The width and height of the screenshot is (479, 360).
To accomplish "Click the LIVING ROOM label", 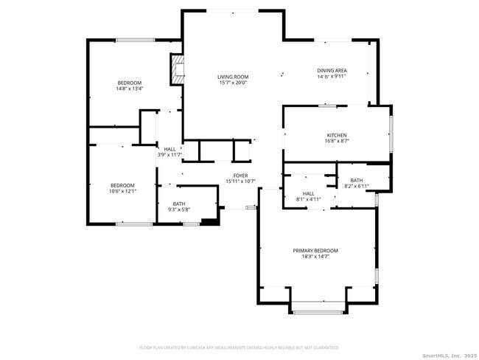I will [x=232, y=77].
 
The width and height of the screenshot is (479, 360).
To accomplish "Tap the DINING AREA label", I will [x=332, y=71].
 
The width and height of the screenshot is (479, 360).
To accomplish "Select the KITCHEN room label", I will [x=337, y=135].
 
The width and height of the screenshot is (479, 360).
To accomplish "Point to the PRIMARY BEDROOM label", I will [x=315, y=251].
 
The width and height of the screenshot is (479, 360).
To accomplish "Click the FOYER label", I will [x=240, y=176].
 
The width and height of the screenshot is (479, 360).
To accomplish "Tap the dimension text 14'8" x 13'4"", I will [x=129, y=89].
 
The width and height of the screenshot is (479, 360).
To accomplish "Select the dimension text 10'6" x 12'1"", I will [x=122, y=191].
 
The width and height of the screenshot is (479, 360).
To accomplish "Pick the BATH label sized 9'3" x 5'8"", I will [x=179, y=204].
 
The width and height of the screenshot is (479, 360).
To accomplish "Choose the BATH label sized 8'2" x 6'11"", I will [x=357, y=180].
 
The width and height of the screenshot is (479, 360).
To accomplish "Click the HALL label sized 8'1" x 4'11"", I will [x=309, y=193].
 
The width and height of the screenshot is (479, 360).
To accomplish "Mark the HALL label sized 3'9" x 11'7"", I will [x=169, y=149].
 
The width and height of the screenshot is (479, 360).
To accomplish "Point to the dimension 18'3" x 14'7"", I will [x=315, y=257].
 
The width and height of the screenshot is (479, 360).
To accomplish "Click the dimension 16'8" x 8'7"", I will [x=337, y=141].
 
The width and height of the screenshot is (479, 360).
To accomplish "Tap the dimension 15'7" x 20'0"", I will [x=232, y=83].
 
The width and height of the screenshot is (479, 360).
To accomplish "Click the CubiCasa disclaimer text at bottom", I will [x=239, y=347].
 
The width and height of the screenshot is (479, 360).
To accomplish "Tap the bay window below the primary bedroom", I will [x=318, y=312].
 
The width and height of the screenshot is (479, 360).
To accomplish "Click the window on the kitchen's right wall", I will [x=391, y=129].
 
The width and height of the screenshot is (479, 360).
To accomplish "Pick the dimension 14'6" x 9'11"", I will [x=332, y=77].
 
